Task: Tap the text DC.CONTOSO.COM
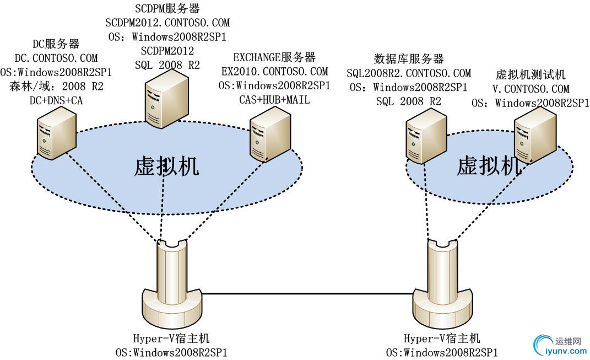pyautogui.click(x=57, y=57)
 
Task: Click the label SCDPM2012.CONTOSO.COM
pyautogui.click(x=167, y=23)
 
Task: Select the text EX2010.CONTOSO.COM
pyautogui.click(x=274, y=71)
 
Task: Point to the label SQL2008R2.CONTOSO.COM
pyautogui.click(x=409, y=73)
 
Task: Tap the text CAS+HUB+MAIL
pyautogui.click(x=274, y=100)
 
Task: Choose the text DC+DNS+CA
pyautogui.click(x=57, y=100)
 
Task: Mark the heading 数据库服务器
pyautogui.click(x=409, y=59)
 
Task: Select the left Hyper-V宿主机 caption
pyautogui.click(x=171, y=338)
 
